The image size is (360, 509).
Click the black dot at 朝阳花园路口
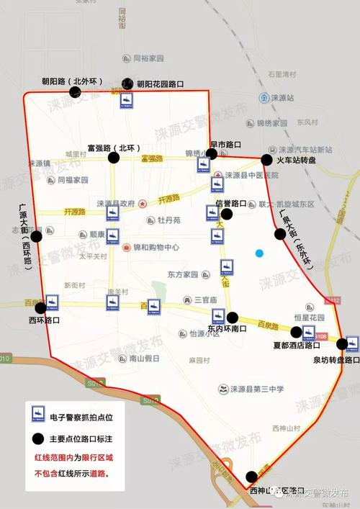128,84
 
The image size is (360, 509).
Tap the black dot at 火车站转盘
267,160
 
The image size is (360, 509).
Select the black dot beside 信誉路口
227,214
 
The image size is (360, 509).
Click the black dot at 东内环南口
233,317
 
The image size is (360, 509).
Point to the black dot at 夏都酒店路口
296,332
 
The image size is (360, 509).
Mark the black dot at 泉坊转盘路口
352,343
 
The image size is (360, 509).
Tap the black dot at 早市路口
212,154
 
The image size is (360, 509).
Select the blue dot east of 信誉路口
259,253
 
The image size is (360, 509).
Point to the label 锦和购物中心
156,247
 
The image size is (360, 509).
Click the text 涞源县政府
116,204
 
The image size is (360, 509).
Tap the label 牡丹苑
169,220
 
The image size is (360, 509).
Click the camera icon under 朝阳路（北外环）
126,101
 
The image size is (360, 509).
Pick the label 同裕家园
148,58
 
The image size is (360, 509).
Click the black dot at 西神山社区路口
251,477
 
